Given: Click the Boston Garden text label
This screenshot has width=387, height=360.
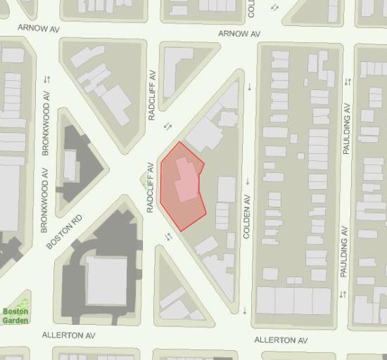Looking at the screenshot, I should click(15, 316).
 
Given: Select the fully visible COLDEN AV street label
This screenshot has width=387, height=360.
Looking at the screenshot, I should click(247, 218).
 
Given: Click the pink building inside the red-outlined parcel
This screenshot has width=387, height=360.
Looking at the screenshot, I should click(184, 181).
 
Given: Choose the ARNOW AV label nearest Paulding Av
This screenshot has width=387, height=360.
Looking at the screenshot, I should click(239, 34).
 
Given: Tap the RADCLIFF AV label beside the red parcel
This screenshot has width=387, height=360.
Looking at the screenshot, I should click(149, 188).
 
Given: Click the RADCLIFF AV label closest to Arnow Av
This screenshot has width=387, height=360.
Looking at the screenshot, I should click(151, 95).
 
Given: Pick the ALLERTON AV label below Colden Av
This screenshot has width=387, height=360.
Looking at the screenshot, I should click(281, 340).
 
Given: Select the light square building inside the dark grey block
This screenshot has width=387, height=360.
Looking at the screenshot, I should click(106, 279).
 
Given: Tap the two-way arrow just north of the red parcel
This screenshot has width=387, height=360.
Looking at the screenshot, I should click(167, 126).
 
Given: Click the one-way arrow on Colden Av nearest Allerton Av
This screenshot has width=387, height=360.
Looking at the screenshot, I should click(245, 310).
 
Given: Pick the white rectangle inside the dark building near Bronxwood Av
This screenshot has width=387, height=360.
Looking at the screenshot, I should click(70, 164).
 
